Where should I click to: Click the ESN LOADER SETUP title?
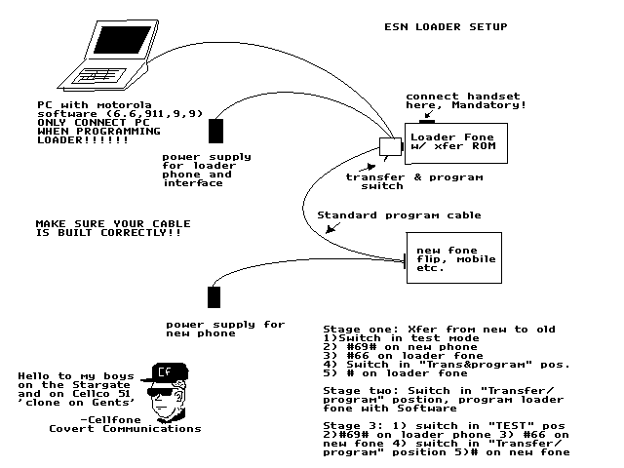(x=446, y=26)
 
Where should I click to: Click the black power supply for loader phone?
(x=215, y=131)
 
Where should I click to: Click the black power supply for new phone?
(x=215, y=297)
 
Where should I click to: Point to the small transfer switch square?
(x=391, y=147)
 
